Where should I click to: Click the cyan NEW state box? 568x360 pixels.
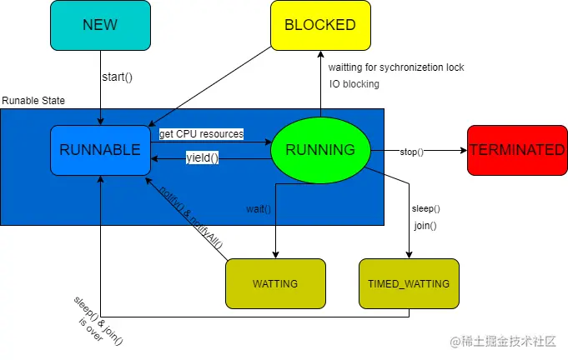pos(100,25)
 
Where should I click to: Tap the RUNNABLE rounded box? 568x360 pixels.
pos(100,150)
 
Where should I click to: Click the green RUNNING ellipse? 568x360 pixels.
pos(320,150)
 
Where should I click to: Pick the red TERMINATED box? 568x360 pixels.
pos(516,150)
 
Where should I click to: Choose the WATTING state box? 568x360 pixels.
pos(275,283)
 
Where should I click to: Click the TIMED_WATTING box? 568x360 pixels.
pos(409,283)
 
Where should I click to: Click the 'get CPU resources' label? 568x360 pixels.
pos(201,133)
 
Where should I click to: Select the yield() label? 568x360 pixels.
pos(202,158)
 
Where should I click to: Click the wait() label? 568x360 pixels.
pos(259,208)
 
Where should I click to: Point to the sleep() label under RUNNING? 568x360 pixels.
pos(426,208)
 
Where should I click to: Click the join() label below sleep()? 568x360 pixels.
pos(425,225)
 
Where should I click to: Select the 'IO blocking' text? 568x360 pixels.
pos(354,83)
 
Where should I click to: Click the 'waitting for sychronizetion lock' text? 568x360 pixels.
pos(395,67)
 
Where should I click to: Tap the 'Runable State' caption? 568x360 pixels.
pos(33,101)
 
